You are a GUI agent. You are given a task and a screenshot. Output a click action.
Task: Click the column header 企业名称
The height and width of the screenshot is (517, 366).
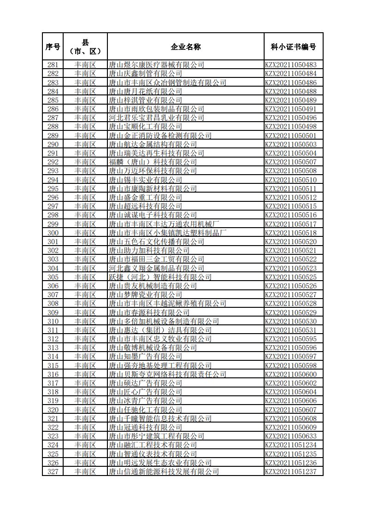185,47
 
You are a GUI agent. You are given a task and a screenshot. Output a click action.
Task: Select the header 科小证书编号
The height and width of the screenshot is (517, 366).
293,47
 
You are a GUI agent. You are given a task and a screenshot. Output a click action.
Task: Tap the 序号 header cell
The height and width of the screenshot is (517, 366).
53,47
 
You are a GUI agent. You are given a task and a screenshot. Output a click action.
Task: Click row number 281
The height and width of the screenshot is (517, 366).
53,65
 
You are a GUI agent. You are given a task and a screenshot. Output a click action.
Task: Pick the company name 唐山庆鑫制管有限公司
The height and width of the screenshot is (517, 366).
145,74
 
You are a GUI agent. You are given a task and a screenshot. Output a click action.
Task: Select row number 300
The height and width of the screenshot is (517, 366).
53,233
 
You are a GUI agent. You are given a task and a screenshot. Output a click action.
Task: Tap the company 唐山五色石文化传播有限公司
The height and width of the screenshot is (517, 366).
156,242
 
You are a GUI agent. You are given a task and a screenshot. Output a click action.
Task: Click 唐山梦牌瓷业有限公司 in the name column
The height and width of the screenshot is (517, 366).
145,295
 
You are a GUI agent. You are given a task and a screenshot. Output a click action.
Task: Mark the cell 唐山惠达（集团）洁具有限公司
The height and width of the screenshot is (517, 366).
160,330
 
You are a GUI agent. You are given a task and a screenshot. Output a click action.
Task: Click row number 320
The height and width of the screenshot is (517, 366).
53,410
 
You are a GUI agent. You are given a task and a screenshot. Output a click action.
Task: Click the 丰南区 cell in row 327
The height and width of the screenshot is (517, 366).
85,472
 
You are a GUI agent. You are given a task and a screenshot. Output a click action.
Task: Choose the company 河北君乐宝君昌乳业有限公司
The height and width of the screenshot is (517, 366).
156,118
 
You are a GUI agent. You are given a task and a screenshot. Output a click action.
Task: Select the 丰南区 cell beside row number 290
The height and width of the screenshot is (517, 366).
85,145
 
